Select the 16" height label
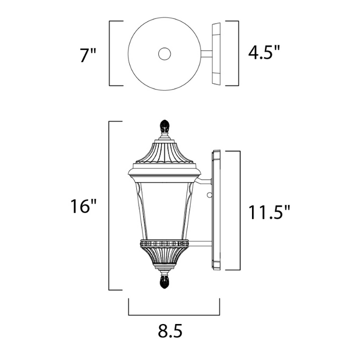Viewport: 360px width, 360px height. [83, 207]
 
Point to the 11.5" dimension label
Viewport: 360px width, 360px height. [269, 211]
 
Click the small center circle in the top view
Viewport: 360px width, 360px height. [165, 53]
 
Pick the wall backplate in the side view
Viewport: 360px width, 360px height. [215, 210]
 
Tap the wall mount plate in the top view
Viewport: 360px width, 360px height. [216, 53]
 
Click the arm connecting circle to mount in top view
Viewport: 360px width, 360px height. [205, 53]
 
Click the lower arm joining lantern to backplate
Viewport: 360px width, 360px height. [202, 242]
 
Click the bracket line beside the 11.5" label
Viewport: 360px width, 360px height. [240, 210]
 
